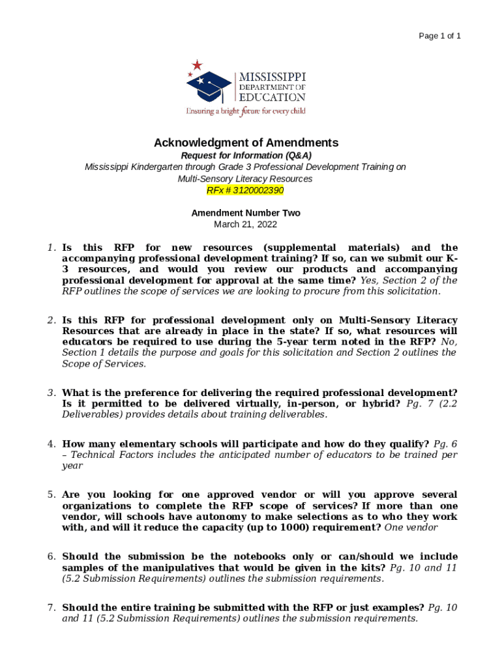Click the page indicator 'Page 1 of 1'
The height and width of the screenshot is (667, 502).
pyautogui.click(x=439, y=36)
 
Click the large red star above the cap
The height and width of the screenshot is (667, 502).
pyautogui.click(x=197, y=64)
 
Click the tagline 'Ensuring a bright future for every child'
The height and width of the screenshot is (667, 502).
pyautogui.click(x=246, y=111)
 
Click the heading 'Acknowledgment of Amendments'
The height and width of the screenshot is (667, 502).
pyautogui.click(x=246, y=143)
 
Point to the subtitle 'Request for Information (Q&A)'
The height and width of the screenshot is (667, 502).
pyautogui.click(x=246, y=156)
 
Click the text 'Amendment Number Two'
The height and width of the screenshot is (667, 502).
pyautogui.click(x=246, y=213)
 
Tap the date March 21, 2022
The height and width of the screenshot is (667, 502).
pyautogui.click(x=246, y=224)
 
